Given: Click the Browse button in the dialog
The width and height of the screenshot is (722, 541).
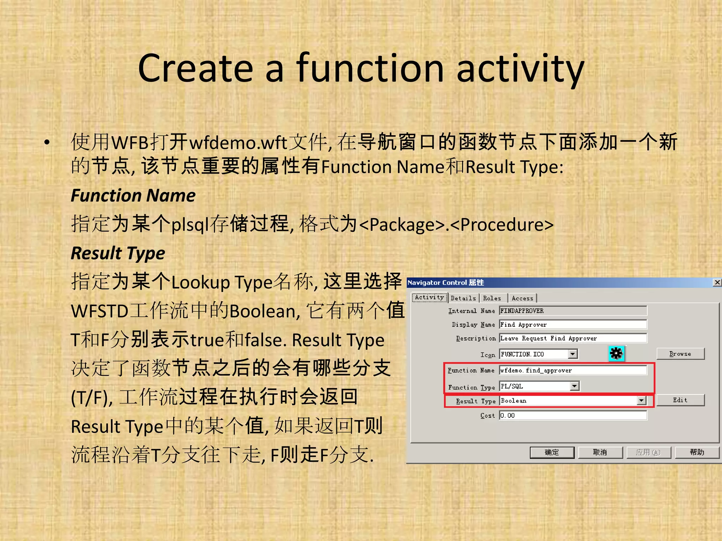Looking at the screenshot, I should point(680,354).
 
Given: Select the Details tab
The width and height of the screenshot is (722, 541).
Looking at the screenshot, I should point(463,298).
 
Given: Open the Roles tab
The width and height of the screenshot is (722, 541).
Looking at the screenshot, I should point(492,298).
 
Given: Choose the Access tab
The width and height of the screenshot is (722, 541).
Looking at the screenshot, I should point(522,298).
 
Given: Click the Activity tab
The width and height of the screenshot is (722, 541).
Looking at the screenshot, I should point(429,298).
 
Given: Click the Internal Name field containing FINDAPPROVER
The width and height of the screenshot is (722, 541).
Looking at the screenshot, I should point(573,311).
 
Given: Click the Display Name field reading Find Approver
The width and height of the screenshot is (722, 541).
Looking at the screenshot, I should point(573,325).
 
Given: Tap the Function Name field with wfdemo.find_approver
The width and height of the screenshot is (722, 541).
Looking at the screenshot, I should point(573,371).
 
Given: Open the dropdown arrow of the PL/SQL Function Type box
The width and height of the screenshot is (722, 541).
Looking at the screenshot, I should point(575,386).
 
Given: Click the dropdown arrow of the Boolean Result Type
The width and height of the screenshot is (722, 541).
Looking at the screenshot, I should point(641,401).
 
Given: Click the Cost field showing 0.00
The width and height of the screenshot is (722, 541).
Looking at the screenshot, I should point(573,416).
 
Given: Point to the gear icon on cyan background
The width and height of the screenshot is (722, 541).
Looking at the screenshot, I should point(616,353).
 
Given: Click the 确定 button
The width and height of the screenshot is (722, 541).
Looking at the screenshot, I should point(552,453).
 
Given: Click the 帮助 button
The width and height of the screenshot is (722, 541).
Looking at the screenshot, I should point(697,453).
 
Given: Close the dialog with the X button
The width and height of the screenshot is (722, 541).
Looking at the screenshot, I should point(717,282).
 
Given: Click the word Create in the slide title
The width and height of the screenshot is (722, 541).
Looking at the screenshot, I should point(196,68).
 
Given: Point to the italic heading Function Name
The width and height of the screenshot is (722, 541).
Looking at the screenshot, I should point(133,195).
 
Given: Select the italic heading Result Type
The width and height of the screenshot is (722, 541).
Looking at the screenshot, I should point(118,253).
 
